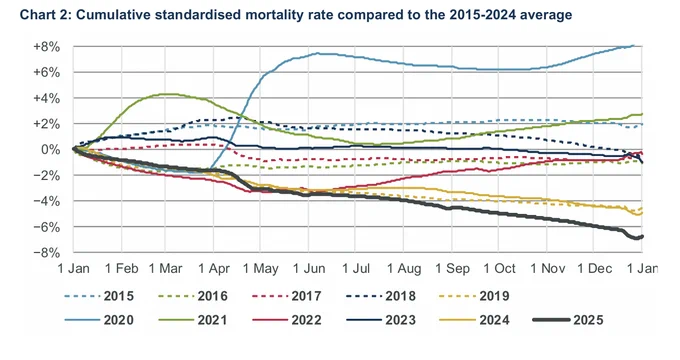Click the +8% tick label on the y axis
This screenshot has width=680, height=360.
click(46, 47)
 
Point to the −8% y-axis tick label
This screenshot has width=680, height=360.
click(46, 252)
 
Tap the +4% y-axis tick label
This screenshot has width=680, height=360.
click(46, 98)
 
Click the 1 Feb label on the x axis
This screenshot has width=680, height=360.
click(121, 269)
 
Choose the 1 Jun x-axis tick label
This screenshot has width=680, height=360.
click(309, 269)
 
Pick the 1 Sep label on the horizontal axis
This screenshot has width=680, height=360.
click(452, 269)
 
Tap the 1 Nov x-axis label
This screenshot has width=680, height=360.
click(547, 269)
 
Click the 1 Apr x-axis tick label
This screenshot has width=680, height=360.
click(214, 269)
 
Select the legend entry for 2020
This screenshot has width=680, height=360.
click(99, 320)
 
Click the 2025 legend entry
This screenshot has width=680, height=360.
click(568, 320)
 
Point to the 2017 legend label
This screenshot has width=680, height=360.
click(287, 296)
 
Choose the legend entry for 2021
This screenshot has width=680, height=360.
click(193, 320)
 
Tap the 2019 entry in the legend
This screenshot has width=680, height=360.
click(474, 296)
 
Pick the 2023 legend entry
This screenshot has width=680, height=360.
click(381, 320)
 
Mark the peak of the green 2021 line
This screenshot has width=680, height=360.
click(166, 94)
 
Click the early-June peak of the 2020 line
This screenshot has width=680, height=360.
click(317, 53)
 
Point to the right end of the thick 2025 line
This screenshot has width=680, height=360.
click(642, 236)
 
